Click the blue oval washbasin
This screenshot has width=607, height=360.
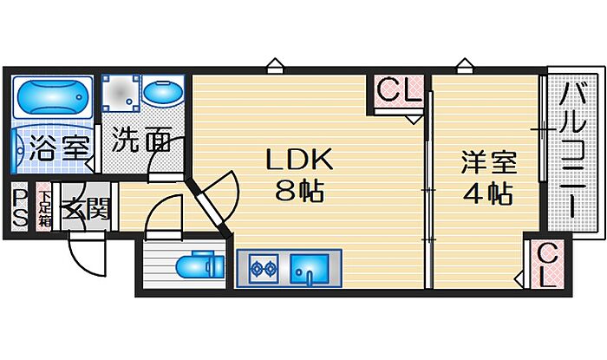coord(162,93)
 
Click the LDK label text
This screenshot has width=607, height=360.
coord(298,160)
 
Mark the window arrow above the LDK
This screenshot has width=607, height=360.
coord(275,63)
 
